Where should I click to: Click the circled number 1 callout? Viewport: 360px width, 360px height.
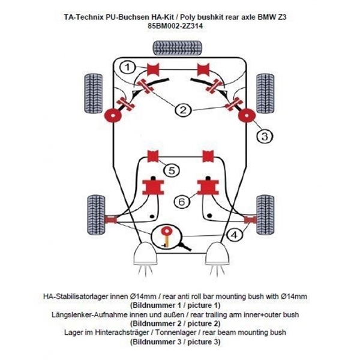click(x=127, y=67)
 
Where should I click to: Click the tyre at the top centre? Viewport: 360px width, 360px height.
click(x=178, y=46)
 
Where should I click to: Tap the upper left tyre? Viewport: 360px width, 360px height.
click(x=92, y=91)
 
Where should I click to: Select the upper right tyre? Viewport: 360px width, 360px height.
click(x=265, y=91)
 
